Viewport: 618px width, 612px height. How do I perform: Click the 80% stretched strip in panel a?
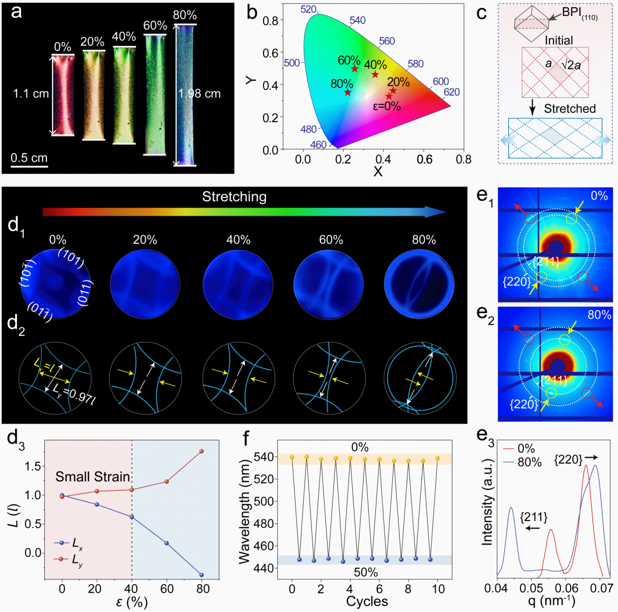coord(185,95)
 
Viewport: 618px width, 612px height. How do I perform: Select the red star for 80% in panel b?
coord(348,92)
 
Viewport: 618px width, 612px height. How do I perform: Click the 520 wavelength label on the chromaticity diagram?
coord(309,9)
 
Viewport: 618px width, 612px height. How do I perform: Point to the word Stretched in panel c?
coord(570,109)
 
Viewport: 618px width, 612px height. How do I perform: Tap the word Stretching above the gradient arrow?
coord(234,197)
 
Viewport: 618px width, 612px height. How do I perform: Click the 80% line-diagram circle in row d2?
coord(420,378)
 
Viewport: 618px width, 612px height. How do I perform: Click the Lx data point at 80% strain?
coord(202,575)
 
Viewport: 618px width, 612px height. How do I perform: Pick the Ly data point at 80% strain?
coord(202,452)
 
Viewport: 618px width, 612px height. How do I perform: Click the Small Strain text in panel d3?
coord(93,476)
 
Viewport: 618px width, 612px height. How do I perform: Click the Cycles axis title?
coord(367,601)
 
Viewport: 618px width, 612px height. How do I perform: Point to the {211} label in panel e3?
coord(534,517)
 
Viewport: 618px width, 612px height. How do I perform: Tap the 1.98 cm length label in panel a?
coord(200,94)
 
